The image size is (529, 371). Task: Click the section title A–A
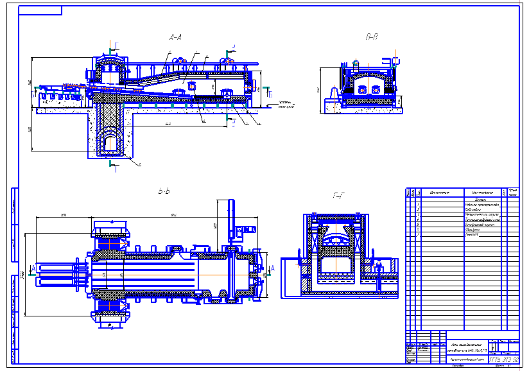coord(175,39)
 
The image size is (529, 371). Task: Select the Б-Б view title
coord(164,191)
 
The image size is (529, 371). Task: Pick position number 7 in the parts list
coord(419,235)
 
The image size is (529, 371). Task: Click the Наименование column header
coord(485,192)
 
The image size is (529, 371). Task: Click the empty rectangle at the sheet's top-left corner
coord(40,10)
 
